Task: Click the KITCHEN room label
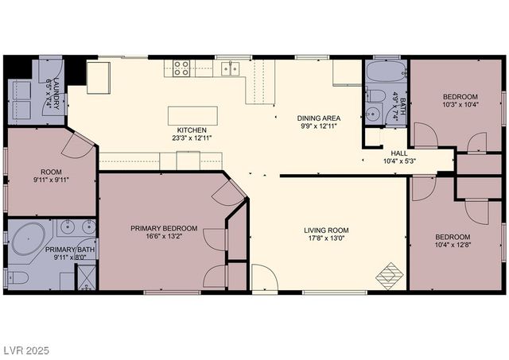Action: pos(192,130)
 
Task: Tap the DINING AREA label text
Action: pos(319,118)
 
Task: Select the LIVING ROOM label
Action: pos(326,230)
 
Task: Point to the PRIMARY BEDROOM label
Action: pos(164,227)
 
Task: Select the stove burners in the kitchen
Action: pos(181,68)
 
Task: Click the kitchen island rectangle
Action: pos(192,114)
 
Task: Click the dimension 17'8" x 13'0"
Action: pos(326,239)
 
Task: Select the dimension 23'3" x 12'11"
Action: pos(192,137)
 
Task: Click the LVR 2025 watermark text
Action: pos(26,347)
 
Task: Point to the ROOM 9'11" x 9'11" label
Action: pos(52,176)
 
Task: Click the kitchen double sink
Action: pos(231,68)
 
